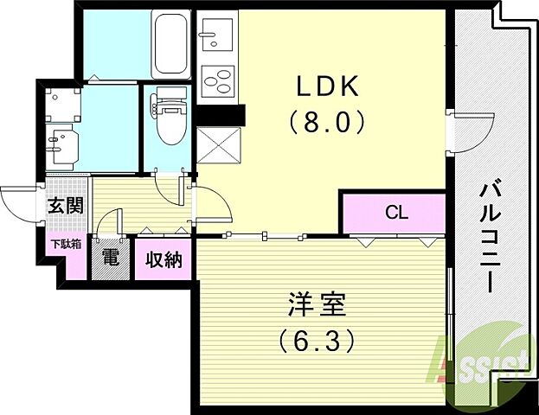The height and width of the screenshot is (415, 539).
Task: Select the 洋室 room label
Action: click(317, 306)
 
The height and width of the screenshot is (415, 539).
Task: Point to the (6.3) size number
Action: click(317, 342)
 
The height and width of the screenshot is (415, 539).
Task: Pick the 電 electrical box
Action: click(110, 258)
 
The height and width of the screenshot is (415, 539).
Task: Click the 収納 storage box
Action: click(163, 258)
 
